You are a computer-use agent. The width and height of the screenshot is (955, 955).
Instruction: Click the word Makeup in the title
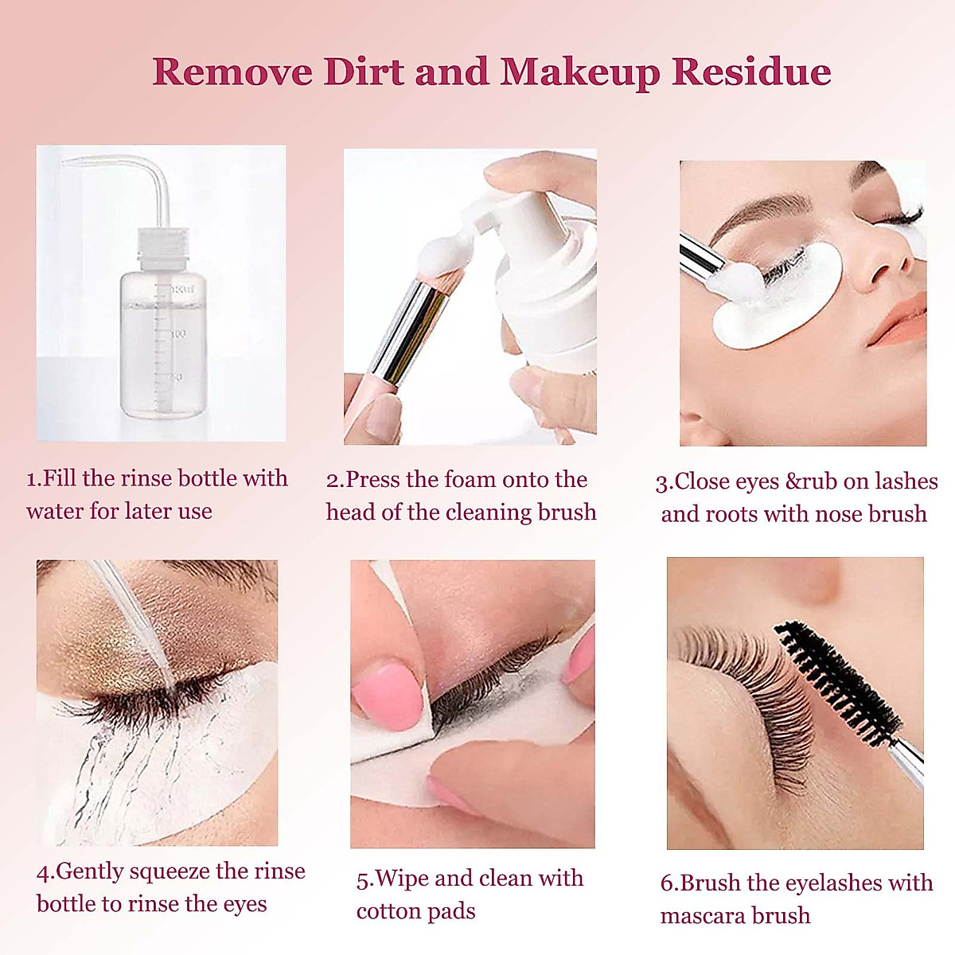pyautogui.click(x=579, y=72)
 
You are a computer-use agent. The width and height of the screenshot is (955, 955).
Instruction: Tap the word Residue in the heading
pyautogui.click(x=751, y=71)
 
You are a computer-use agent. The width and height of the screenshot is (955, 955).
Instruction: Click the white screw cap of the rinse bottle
pyautogui.click(x=164, y=245)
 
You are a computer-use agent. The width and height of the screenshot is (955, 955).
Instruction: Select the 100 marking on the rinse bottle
pyautogui.click(x=177, y=333)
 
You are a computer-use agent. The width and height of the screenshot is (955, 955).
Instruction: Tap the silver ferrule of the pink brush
pyautogui.click(x=415, y=322)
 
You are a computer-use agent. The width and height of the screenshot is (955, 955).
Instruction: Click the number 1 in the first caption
pyautogui.click(x=32, y=479)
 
